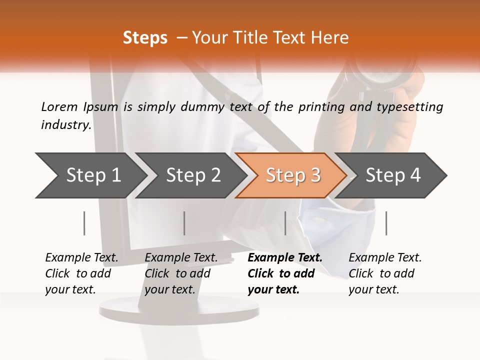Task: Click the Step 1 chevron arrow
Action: [x=92, y=175]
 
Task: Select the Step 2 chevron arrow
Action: [x=192, y=175]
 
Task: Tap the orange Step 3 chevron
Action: [x=292, y=175]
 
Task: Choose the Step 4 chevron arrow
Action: [x=392, y=175]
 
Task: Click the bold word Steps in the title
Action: [x=145, y=38]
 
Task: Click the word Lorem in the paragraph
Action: [x=59, y=107]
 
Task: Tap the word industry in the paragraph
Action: [x=66, y=124]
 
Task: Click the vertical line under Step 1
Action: [x=84, y=223]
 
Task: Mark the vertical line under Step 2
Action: [x=184, y=223]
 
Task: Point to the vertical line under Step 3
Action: [x=285, y=223]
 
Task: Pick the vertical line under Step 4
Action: [x=386, y=223]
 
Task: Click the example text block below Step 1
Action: [x=81, y=273]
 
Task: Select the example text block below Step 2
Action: [x=181, y=273]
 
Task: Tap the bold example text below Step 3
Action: [x=284, y=273]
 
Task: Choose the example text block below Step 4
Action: [x=385, y=273]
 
